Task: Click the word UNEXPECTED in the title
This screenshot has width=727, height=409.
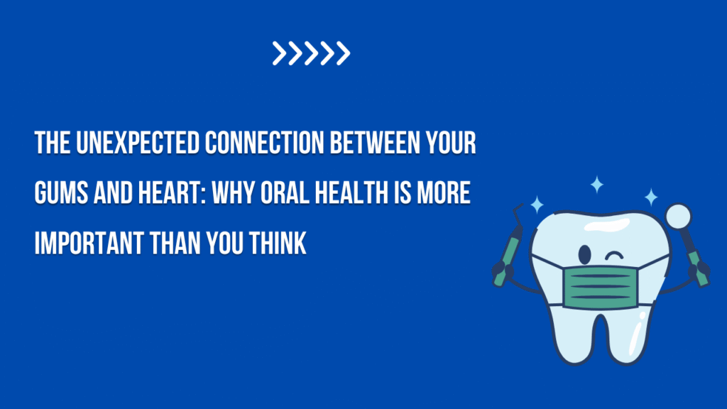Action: pyautogui.click(x=138, y=143)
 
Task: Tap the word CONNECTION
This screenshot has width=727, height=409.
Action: pyautogui.click(x=264, y=143)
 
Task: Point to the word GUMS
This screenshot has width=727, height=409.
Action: pyautogui.click(x=61, y=193)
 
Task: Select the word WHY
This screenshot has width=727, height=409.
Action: pyautogui.click(x=234, y=193)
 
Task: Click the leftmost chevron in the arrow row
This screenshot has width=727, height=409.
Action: pyautogui.click(x=280, y=53)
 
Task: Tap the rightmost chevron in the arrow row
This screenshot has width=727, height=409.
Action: pyautogui.click(x=343, y=53)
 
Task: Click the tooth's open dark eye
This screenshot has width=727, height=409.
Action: pyautogui.click(x=585, y=254)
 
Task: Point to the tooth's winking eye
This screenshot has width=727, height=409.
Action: pyautogui.click(x=614, y=256)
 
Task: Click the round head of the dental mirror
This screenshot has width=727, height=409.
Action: pyautogui.click(x=678, y=216)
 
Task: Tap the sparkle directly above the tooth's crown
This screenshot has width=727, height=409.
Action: pyautogui.click(x=596, y=185)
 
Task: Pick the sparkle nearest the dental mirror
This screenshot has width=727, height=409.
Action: pyautogui.click(x=651, y=197)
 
